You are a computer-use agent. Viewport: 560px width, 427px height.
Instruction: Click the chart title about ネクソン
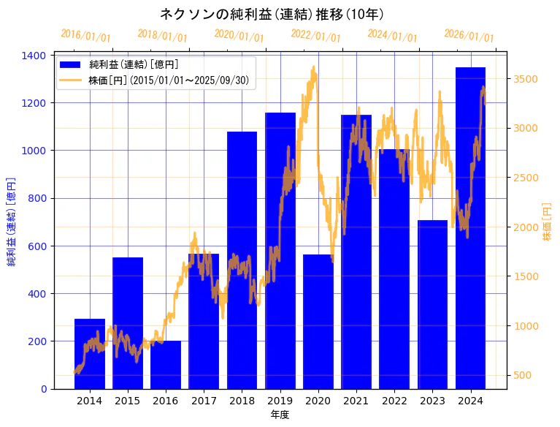[x=272, y=14]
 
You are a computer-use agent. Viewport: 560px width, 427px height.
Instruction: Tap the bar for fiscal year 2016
[x=166, y=365]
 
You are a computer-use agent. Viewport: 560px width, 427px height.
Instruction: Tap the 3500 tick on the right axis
[x=526, y=79]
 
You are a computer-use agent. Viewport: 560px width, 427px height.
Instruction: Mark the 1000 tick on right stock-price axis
[x=526, y=326]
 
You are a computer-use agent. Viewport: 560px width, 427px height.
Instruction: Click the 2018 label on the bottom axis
[x=242, y=401]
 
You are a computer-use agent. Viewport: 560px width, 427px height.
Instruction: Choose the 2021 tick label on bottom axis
[x=356, y=401]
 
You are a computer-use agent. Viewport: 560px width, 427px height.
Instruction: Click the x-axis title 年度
[x=280, y=415]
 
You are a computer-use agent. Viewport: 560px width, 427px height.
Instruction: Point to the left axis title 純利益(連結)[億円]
[x=12, y=222]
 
